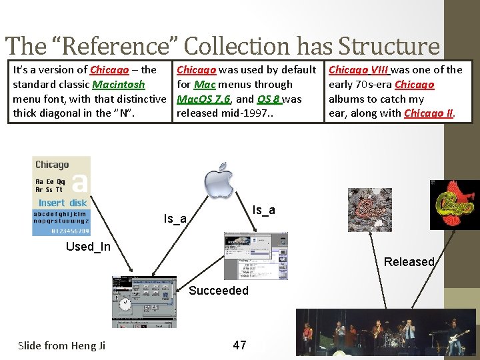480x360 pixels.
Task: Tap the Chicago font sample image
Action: point(61,195)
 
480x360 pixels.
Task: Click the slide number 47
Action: point(239,345)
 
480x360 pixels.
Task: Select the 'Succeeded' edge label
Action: point(219,291)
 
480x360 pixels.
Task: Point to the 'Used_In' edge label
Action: point(88,247)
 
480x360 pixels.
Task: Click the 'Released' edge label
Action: point(409,262)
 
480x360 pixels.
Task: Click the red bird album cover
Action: point(455,205)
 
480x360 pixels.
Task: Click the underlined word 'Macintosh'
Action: point(119,85)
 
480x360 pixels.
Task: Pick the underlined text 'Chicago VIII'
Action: point(359,70)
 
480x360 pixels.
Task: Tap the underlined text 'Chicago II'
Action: point(429,113)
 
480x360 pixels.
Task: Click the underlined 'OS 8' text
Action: point(269,99)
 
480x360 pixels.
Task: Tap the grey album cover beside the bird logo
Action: point(370,209)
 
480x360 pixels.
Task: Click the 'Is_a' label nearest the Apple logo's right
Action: point(264,211)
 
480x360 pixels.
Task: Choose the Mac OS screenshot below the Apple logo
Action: point(249,255)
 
